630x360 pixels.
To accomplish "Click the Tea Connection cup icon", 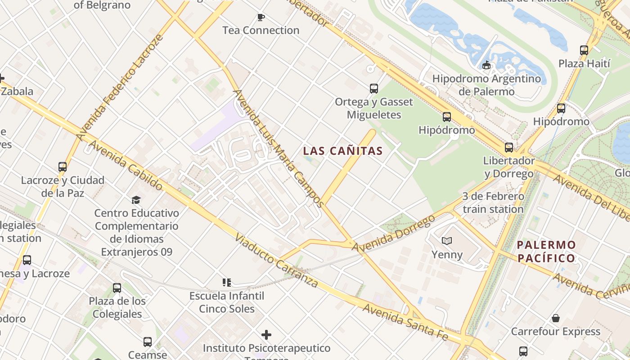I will pyautogui.click(x=261, y=17).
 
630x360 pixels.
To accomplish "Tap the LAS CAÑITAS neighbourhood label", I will pyautogui.click(x=343, y=151).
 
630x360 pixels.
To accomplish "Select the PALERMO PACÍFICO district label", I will pyautogui.click(x=546, y=252).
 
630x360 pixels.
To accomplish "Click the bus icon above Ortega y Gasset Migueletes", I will pyautogui.click(x=373, y=88).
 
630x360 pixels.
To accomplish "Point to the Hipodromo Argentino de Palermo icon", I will pyautogui.click(x=486, y=66).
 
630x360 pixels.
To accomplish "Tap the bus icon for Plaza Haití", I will pyautogui.click(x=584, y=50).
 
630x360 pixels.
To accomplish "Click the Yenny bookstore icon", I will pyautogui.click(x=447, y=241).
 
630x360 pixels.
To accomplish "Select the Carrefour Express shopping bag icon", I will pyautogui.click(x=556, y=318).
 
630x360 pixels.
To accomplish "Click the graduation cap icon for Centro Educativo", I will pyautogui.click(x=136, y=199).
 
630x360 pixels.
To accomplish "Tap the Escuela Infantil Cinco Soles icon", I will pyautogui.click(x=226, y=283).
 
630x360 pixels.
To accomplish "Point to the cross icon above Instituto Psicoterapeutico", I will pyautogui.click(x=266, y=335).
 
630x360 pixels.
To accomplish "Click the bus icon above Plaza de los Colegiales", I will pyautogui.click(x=117, y=288).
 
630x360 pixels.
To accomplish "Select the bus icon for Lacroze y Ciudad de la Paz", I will pyautogui.click(x=63, y=166).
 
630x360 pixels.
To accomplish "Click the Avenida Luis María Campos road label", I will pyautogui.click(x=278, y=148).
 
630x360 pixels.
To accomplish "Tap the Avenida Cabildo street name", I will pyautogui.click(x=126, y=165).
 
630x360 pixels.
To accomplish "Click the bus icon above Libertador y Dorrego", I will pyautogui.click(x=508, y=147).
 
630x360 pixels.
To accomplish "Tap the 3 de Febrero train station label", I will pyautogui.click(x=493, y=203).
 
